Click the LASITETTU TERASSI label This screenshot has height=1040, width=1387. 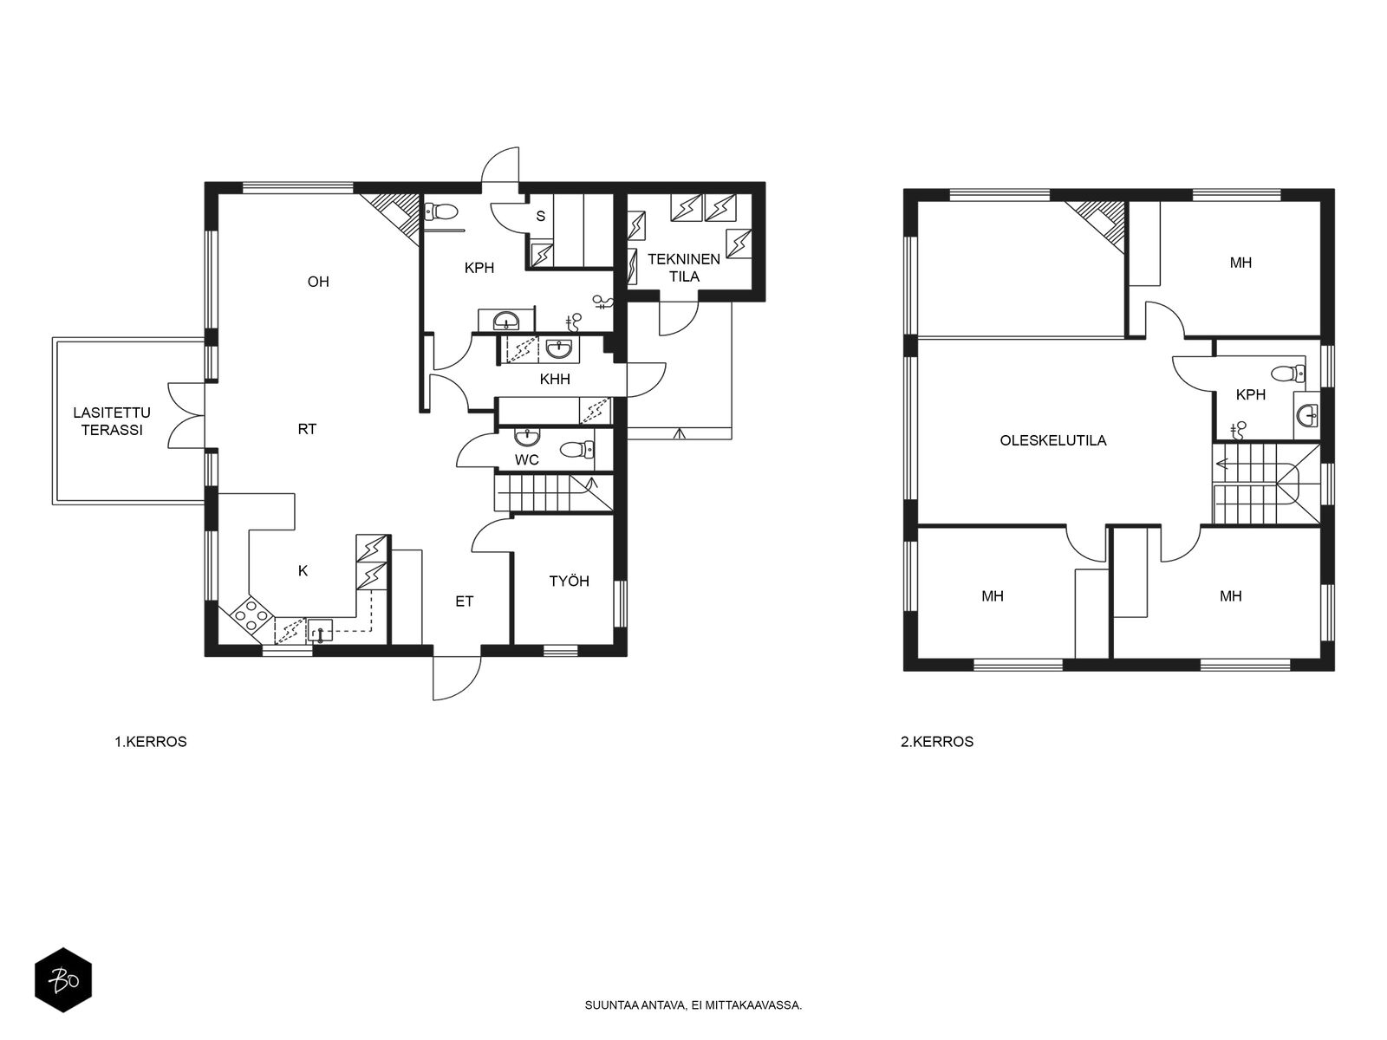(112, 421)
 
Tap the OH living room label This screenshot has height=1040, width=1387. (318, 282)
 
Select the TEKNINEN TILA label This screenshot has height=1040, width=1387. (684, 268)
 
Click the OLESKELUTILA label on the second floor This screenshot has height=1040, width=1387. (1052, 441)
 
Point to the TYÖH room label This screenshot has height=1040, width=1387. (569, 581)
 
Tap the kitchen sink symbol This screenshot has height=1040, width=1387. (321, 629)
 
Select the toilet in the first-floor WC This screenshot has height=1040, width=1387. (576, 450)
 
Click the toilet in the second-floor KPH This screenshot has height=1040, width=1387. (1288, 374)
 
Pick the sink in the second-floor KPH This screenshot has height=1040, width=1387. (1307, 415)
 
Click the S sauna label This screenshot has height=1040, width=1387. (540, 217)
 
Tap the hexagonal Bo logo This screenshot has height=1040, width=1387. (63, 980)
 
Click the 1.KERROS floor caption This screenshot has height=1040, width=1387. (150, 742)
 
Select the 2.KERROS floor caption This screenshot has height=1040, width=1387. (936, 742)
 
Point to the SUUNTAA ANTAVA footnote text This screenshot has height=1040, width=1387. (693, 1005)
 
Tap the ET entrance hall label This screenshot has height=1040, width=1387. (465, 601)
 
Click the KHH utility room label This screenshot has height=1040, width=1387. (555, 380)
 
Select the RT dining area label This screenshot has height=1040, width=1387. (307, 429)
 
